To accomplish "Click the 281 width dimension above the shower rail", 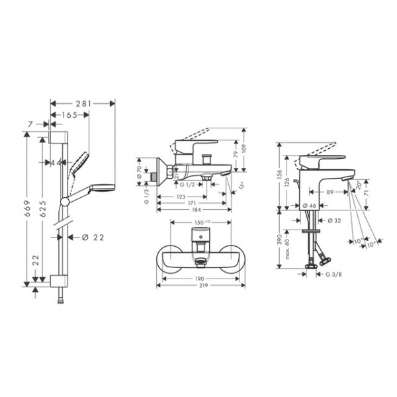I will [x=83, y=103].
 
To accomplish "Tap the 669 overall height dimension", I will [x=27, y=209].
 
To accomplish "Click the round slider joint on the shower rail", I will [x=64, y=200].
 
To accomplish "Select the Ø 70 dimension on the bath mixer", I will [x=140, y=171].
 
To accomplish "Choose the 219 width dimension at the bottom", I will [x=198, y=286].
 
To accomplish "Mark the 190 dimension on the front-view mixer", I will [x=198, y=279].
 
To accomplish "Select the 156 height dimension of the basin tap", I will [x=279, y=175].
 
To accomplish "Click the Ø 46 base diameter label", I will [x=308, y=206].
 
